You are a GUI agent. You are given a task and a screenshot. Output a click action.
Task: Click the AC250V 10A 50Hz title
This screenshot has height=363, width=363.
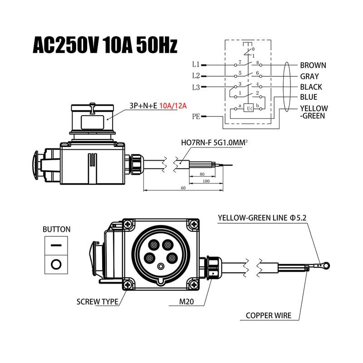105,45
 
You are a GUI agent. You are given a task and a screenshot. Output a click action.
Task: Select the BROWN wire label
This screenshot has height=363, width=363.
313,65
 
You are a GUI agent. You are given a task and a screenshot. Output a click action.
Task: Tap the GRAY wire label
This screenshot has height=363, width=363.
309,77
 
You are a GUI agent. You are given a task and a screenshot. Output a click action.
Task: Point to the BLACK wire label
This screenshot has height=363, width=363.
311,87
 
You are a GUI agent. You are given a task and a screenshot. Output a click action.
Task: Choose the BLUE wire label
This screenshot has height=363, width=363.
308,97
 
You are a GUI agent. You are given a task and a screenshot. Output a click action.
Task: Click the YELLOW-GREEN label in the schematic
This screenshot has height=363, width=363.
314,112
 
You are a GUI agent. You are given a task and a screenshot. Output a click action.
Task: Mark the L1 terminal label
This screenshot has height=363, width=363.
196,65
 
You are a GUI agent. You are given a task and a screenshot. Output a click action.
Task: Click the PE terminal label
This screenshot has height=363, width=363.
196,117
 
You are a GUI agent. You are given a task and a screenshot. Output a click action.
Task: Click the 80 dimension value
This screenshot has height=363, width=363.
201,173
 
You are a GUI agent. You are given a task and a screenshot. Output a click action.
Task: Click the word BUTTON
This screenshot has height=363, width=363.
57,229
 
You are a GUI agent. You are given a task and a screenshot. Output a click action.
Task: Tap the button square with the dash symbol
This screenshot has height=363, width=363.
57,245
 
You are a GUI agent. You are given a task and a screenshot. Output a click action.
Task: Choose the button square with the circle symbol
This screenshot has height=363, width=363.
57,264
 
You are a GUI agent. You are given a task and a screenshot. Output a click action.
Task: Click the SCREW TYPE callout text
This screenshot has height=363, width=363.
97,301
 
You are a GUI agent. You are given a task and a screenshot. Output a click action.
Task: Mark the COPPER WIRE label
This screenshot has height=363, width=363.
268,315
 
